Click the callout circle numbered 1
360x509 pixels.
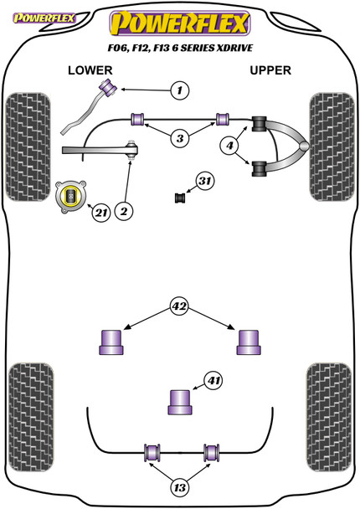pyautogui.click(x=179, y=90)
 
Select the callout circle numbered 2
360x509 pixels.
pyautogui.click(x=124, y=212)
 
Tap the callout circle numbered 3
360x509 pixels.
pyautogui.click(x=180, y=139)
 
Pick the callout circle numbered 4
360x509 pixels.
pyautogui.click(x=229, y=146)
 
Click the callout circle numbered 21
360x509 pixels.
pyautogui.click(x=101, y=213)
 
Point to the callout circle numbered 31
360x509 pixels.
pyautogui.click(x=205, y=181)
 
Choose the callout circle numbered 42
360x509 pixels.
pyautogui.click(x=179, y=306)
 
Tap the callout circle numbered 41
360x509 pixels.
pyautogui.click(x=213, y=380)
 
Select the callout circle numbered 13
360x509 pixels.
pyautogui.click(x=179, y=487)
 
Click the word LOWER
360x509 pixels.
pyautogui.click(x=90, y=70)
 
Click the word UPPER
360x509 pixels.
pyautogui.click(x=270, y=70)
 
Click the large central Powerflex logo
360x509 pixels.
pyautogui.click(x=180, y=23)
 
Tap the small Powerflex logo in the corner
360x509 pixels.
pyautogui.click(x=44, y=18)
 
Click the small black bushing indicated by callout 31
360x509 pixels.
pyautogui.click(x=180, y=198)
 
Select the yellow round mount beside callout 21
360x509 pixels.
pyautogui.click(x=71, y=197)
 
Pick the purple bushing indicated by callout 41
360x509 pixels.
pyautogui.click(x=180, y=402)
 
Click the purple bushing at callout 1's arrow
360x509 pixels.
pyautogui.click(x=109, y=87)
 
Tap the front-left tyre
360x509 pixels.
pyautogui.click(x=28, y=147)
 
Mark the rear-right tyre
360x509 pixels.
pyautogui.click(x=329, y=417)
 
